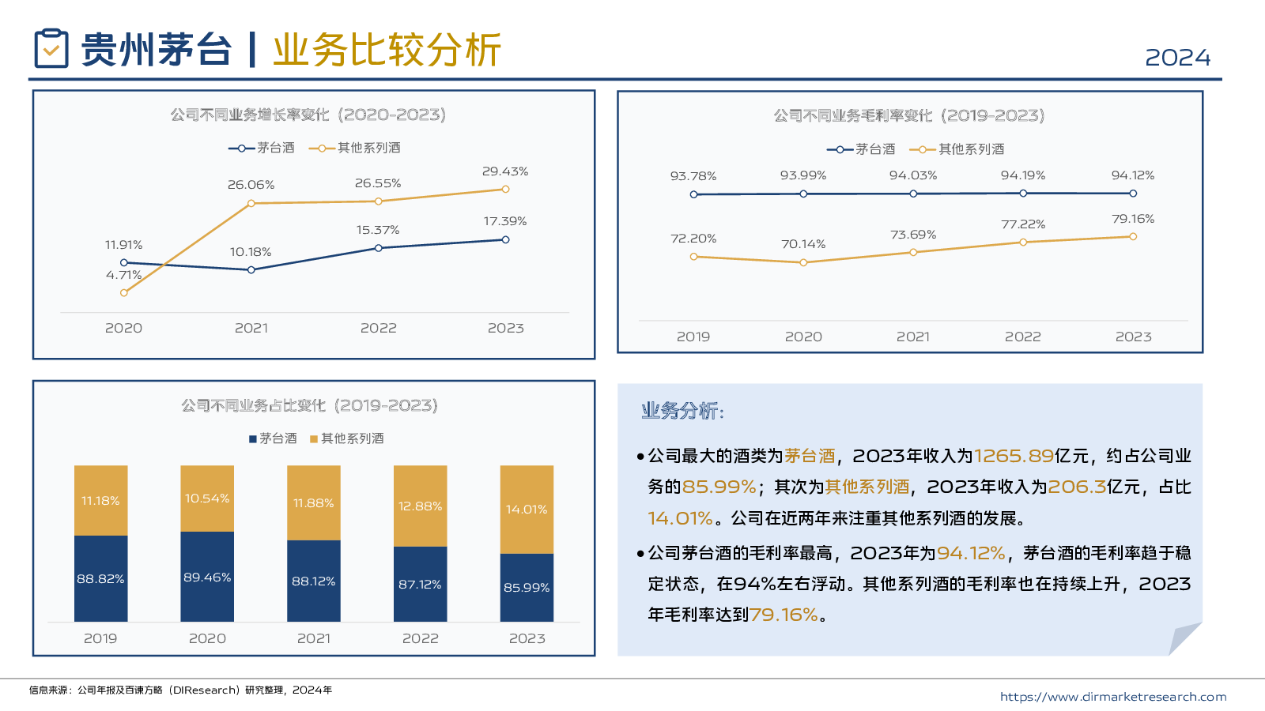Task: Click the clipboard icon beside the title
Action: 51,48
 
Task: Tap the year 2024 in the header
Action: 1177,58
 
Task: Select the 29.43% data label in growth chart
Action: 505,171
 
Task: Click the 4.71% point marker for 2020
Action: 124,293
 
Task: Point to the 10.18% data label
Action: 251,252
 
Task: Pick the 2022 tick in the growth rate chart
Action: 379,328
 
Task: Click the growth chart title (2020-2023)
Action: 308,115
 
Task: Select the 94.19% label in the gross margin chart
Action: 1022,175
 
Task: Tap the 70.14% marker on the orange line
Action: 803,262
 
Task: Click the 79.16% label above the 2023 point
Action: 1132,219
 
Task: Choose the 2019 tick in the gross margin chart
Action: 693,337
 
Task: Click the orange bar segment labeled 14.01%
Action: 527,510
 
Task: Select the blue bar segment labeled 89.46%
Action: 207,577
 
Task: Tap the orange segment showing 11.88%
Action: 314,503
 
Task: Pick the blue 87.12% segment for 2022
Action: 420,584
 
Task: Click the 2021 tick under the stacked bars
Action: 314,638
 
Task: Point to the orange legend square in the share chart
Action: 314,439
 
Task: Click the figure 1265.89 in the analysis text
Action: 1014,456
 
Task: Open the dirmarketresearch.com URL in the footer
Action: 1112,697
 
